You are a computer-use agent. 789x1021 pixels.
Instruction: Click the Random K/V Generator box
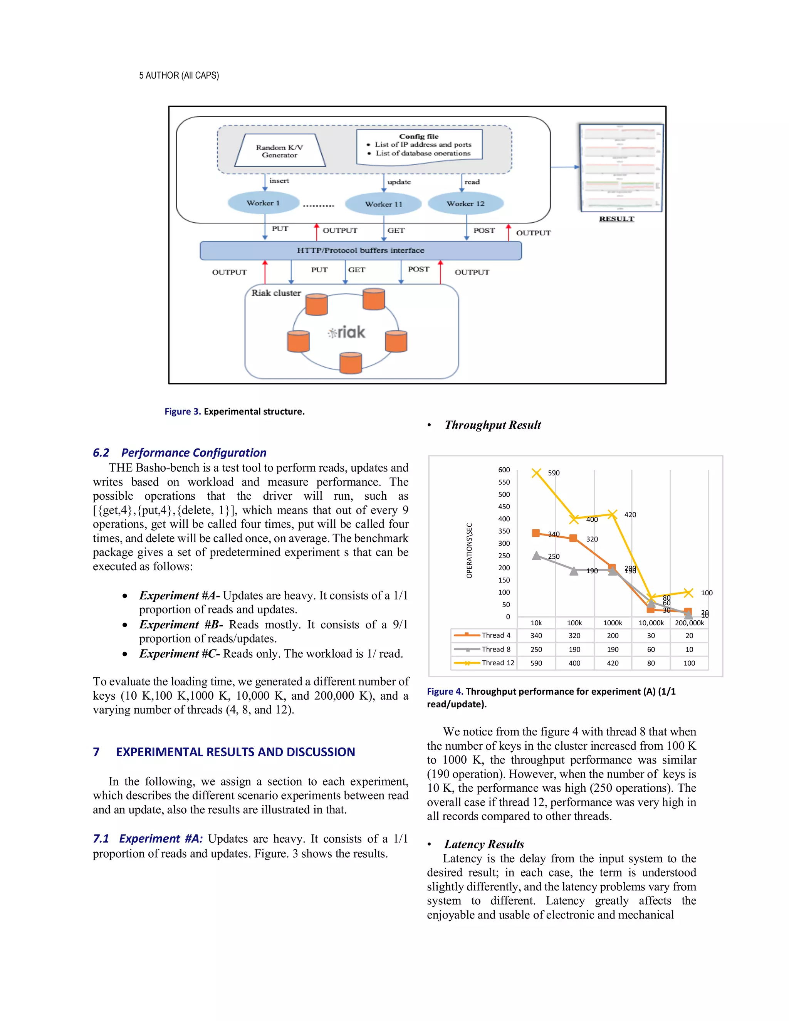280,151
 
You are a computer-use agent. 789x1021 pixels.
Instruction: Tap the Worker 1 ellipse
263,203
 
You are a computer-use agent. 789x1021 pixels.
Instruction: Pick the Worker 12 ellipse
465,203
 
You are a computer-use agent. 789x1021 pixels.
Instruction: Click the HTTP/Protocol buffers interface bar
360,250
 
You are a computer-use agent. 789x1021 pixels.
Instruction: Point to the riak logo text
346,332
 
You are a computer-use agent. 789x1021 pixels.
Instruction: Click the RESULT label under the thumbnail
616,219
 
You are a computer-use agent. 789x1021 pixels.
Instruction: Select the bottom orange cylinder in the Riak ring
351,363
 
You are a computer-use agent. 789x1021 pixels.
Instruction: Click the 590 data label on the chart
554,473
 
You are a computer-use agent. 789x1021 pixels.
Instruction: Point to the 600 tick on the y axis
504,470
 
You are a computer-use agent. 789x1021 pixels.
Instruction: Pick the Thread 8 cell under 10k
536,649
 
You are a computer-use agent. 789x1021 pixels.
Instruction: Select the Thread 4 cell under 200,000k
689,636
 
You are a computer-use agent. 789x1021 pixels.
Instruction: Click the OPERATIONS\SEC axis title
469,550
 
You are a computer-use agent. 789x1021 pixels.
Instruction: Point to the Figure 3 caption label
182,411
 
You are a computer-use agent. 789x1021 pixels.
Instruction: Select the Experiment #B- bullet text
181,625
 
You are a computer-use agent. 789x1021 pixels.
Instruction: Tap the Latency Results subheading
484,844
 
